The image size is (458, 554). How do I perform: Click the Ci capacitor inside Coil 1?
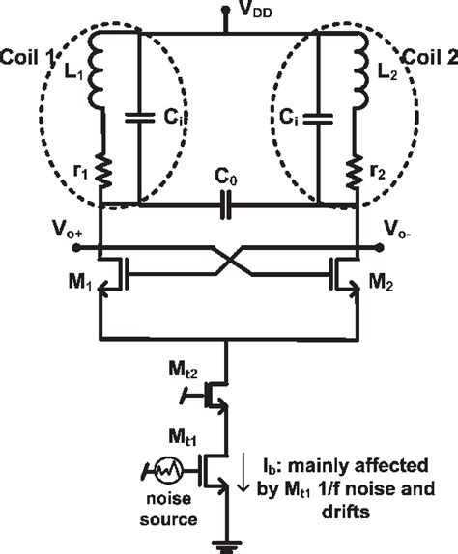click(139, 119)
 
